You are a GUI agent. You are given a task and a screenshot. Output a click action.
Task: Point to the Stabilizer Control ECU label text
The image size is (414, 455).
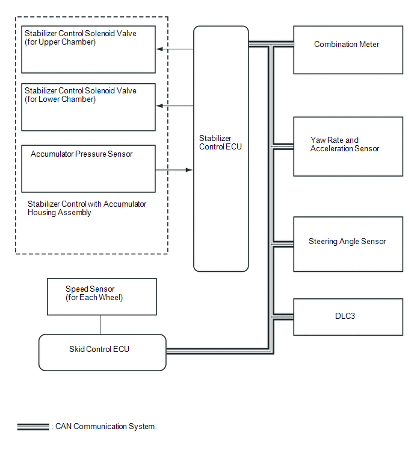point(220,142)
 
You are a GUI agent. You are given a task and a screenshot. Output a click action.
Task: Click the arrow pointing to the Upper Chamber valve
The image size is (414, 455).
point(175,49)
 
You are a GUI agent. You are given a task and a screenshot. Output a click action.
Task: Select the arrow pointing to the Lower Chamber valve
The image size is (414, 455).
point(175,106)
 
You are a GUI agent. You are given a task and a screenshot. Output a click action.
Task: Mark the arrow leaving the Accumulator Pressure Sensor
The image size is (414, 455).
point(174,170)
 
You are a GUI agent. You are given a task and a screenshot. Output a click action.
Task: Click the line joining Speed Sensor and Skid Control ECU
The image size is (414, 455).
point(100,325)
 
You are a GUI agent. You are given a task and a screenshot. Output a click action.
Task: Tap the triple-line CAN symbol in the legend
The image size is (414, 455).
point(33,427)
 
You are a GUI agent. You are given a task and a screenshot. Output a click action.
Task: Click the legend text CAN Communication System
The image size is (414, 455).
point(105,426)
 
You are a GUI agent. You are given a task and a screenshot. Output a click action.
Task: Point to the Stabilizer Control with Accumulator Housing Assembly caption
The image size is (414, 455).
point(87,208)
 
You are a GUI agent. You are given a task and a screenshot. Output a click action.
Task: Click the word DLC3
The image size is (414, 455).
point(345,316)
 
